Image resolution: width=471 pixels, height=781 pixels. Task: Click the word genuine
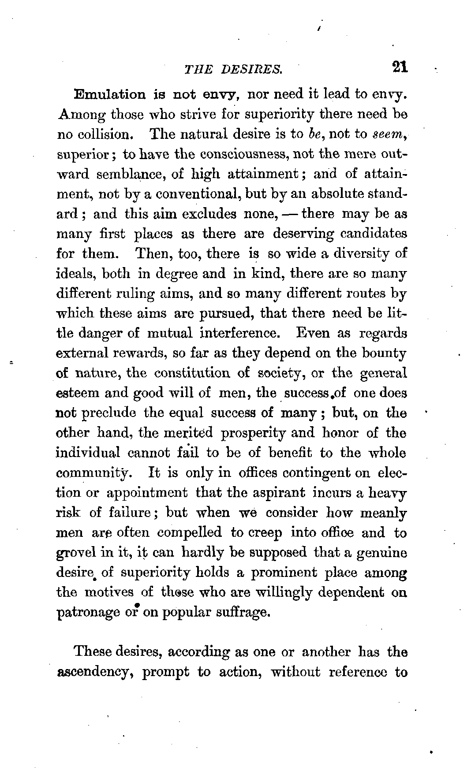(381, 553)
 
